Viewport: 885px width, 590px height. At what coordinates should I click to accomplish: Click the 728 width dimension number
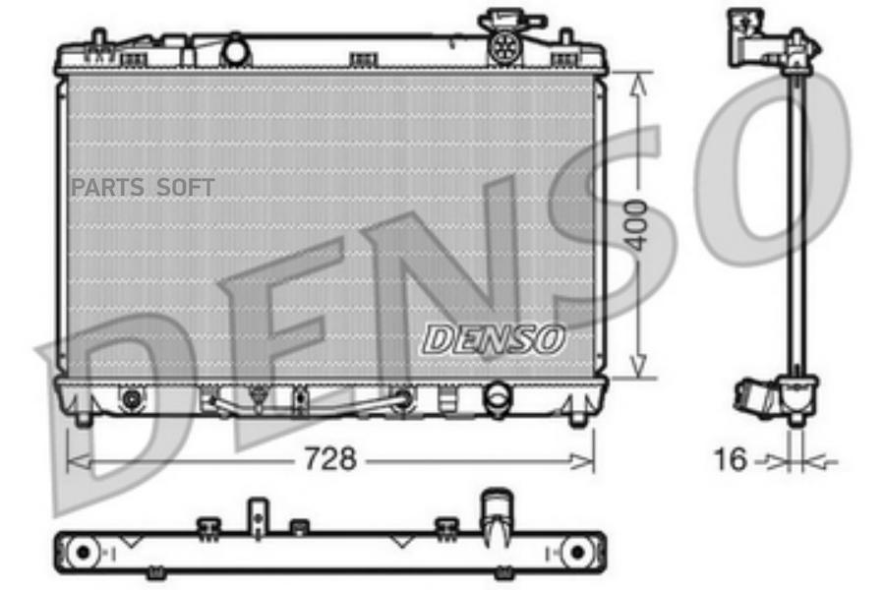330,458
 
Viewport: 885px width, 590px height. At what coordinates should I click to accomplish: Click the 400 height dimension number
637,225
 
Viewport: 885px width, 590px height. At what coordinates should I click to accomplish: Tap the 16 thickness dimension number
731,459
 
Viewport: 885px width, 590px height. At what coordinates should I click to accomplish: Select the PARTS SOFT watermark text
143,188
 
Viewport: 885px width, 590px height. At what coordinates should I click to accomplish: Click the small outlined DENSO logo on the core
494,340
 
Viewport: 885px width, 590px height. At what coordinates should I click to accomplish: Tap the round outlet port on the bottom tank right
498,395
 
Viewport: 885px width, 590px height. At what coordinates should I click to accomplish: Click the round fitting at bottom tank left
132,399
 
